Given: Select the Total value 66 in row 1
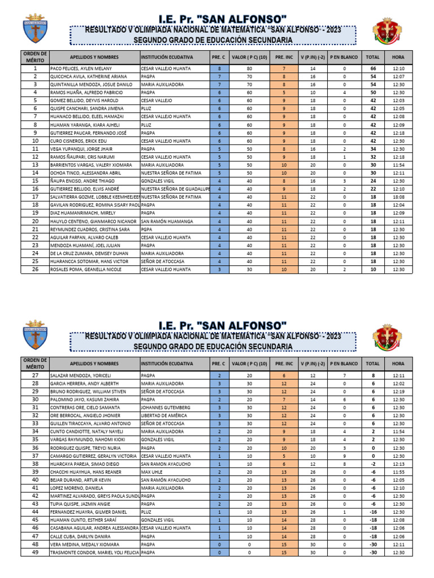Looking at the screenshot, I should (373, 68).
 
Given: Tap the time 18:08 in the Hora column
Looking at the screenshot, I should (398, 197).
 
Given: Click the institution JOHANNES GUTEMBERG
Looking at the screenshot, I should (164, 408).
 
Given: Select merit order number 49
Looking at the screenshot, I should (35, 553).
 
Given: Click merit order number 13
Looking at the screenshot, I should (35, 165).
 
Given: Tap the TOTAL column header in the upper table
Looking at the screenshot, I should (373, 57).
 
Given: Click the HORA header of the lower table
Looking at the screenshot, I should (398, 364).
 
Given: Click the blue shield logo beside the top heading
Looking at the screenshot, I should (35, 28).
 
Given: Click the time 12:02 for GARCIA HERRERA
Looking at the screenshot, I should (398, 383).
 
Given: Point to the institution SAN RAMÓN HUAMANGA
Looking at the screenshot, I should (167, 221).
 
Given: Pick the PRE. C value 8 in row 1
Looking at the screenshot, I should (219, 68).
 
